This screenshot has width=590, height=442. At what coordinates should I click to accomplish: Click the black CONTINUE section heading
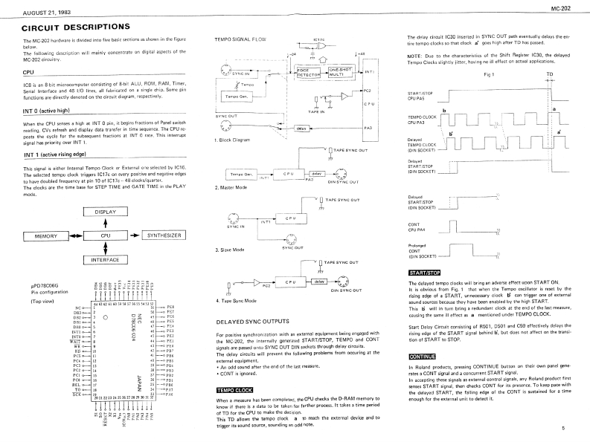(423, 356)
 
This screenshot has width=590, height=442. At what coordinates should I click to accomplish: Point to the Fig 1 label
(490, 75)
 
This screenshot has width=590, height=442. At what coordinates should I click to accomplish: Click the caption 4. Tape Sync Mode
(236, 301)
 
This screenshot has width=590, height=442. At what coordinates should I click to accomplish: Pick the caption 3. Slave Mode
(230, 250)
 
